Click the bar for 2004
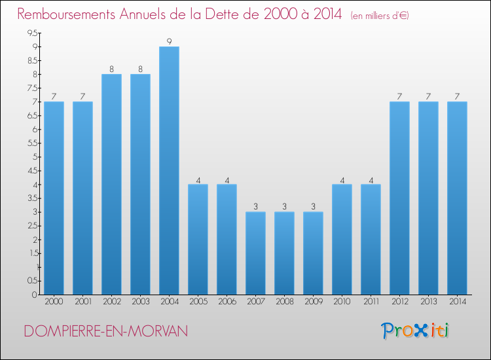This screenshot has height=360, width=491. [x=169, y=170]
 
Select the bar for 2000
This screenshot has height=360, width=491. [x=54, y=198]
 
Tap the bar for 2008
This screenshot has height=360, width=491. [x=284, y=253]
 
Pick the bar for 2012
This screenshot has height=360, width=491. [x=399, y=198]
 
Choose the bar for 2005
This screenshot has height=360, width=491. [x=198, y=239]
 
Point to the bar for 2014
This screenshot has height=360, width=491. [x=457, y=198]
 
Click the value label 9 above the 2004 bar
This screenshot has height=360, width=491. [x=169, y=42]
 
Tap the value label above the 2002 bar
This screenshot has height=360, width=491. [x=111, y=69]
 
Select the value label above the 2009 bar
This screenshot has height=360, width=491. [x=313, y=207]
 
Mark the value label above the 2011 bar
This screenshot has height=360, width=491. [x=371, y=179]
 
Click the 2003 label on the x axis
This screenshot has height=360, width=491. [x=140, y=302]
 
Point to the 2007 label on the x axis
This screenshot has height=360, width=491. [x=255, y=302]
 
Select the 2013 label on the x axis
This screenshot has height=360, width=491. [x=428, y=302]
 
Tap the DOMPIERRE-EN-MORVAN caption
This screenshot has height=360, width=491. [x=105, y=332]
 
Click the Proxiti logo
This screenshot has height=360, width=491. [x=416, y=331]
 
